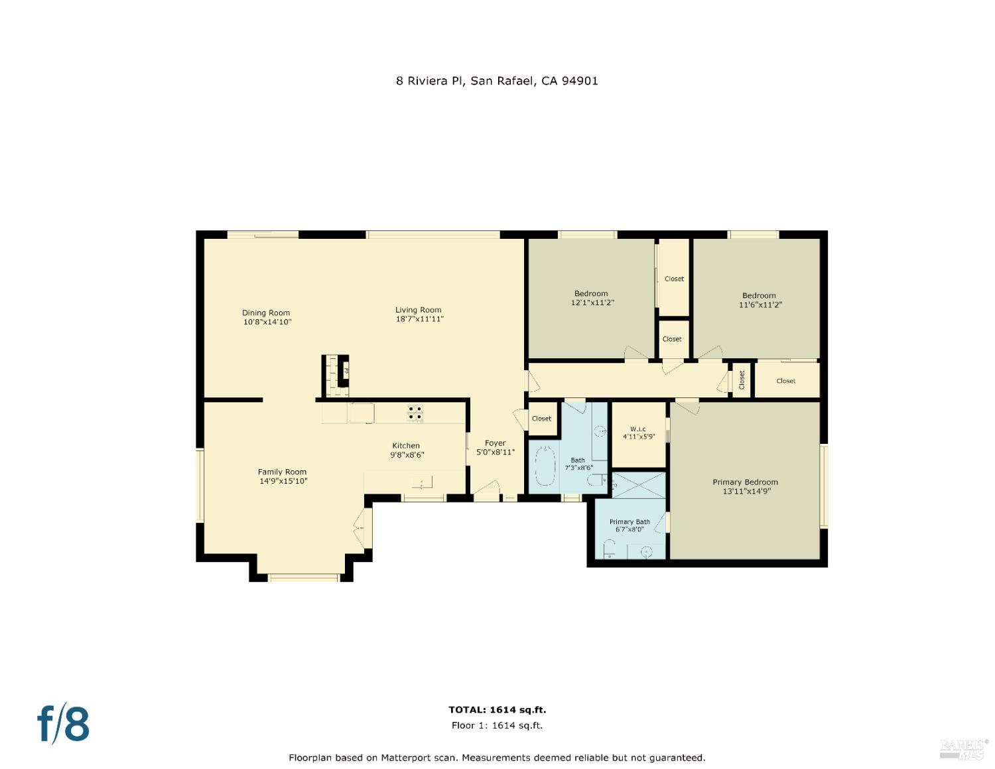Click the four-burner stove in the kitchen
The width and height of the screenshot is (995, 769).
pos(415,413)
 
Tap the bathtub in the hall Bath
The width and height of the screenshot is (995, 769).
pos(545,466)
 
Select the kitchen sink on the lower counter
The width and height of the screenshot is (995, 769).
pos(422,480)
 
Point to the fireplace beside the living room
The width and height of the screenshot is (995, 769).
pos(336,376)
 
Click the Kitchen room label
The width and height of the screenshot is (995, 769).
pos(406,446)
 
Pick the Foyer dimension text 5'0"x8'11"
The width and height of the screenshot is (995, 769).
pos(495,452)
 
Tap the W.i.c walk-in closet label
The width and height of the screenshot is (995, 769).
pos(638,429)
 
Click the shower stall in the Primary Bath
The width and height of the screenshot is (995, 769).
pos(638,485)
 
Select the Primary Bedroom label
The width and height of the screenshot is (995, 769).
pos(745,482)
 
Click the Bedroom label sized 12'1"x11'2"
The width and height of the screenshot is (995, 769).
pos(590,293)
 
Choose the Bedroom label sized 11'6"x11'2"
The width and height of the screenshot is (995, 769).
pos(759,295)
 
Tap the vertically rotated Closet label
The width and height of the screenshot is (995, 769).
pos(742,380)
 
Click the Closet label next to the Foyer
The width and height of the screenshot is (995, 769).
pos(541,419)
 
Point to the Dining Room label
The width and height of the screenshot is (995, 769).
pos(266,313)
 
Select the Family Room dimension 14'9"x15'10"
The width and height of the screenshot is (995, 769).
pos(283,481)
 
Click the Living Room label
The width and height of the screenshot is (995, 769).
pos(418,310)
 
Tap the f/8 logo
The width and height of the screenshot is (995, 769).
pos(64,723)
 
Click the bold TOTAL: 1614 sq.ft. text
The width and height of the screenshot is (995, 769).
pos(497,710)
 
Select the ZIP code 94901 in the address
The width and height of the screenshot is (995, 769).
pos(580,81)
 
